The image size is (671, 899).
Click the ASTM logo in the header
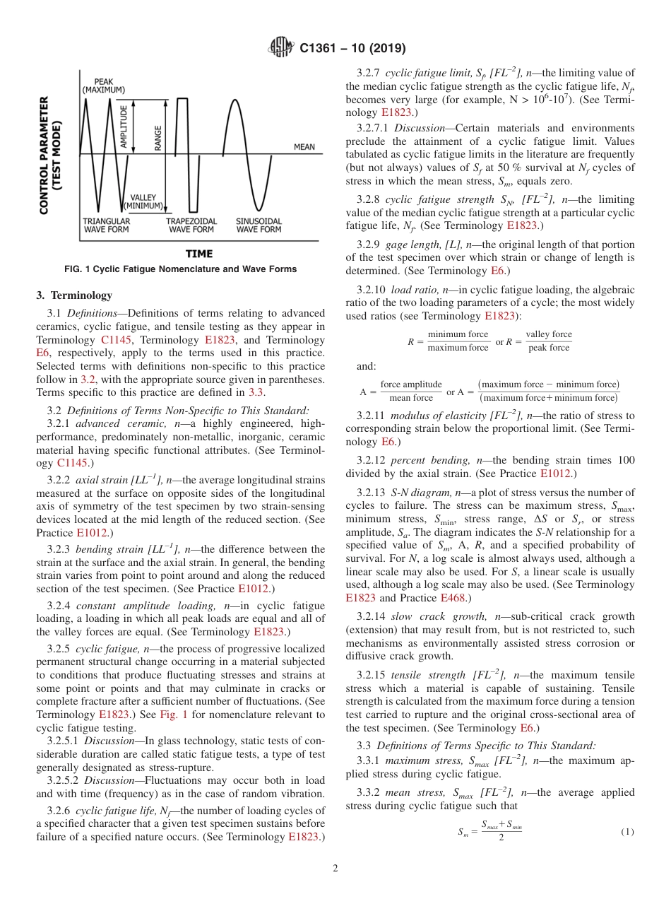pos(281,49)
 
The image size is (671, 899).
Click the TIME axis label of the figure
pos(198,253)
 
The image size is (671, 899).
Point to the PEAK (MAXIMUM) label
pos(103,86)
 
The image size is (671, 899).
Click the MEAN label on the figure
pos(304,147)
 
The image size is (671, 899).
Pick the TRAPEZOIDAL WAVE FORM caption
pos(190,225)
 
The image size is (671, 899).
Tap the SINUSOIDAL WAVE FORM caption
pos(259,225)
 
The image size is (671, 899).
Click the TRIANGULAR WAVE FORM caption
pos(106,225)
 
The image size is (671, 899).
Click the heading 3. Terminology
pos(74,295)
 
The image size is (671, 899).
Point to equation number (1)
pos(627,833)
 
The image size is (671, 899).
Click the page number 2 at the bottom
pos(335,869)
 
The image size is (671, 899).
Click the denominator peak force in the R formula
pos(549,348)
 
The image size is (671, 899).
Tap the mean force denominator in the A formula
pos(410,398)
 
